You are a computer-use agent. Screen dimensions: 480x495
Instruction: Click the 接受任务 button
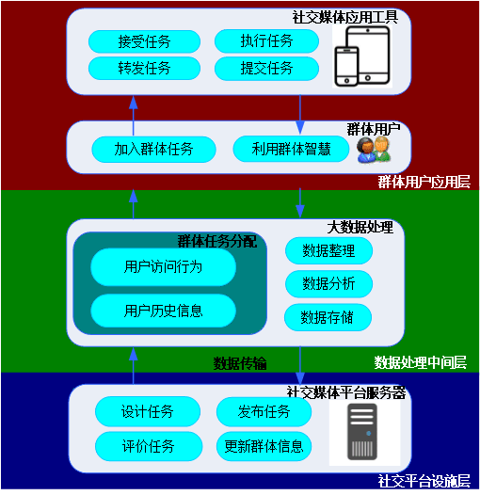[144, 41]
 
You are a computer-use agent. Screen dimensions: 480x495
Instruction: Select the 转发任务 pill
[144, 68]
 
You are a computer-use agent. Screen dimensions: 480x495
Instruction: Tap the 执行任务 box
[267, 41]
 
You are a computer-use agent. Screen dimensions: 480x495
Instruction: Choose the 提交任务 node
[267, 69]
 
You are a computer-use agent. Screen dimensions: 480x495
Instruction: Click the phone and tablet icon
[362, 56]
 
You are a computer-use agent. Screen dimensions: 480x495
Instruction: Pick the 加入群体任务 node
[153, 150]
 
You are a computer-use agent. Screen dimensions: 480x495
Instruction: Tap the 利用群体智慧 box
[291, 149]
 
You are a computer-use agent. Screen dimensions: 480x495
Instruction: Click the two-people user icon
[374, 151]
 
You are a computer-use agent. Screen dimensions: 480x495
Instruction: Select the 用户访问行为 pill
[163, 267]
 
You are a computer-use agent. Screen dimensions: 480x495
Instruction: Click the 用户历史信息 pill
[163, 311]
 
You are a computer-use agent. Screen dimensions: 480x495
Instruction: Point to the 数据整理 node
[328, 251]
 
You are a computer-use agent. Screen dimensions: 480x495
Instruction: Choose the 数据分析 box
[328, 284]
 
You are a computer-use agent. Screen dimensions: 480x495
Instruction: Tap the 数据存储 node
[328, 317]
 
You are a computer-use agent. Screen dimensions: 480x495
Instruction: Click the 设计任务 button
[148, 411]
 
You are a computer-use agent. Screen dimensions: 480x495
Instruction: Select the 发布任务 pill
[264, 411]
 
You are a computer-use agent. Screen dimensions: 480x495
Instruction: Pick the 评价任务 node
[149, 446]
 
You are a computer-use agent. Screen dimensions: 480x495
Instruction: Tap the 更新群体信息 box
[264, 447]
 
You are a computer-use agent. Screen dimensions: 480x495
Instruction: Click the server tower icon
[362, 432]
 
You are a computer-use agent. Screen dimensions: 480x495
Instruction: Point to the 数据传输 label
[240, 363]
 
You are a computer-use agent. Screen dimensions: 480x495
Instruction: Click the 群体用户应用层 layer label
[424, 182]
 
